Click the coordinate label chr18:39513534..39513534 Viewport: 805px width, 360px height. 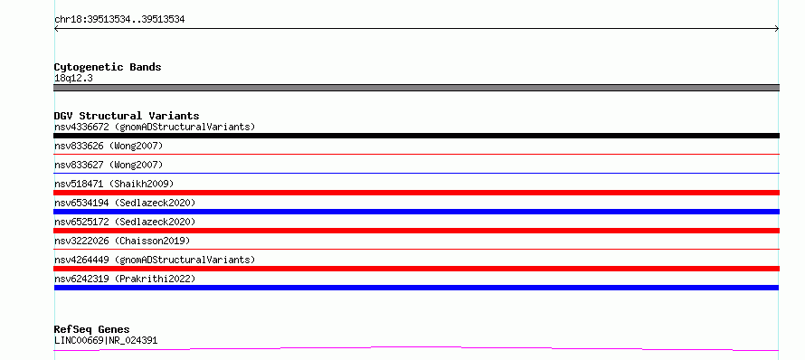(119, 20)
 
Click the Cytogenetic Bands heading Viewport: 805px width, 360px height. (108, 67)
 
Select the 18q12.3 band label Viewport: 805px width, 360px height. (73, 79)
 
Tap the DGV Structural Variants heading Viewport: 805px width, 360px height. (127, 116)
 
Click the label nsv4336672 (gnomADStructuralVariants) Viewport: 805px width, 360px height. (155, 127)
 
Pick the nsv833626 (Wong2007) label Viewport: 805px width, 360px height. (109, 146)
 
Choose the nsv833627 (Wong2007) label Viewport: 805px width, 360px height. (109, 165)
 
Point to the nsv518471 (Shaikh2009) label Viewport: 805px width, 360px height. (114, 184)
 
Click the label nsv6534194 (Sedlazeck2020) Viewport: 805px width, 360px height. (125, 203)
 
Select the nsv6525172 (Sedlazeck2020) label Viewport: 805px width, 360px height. (125, 222)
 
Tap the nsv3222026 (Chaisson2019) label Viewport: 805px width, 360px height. (122, 241)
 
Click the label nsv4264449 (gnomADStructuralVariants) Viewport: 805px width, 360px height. (155, 260)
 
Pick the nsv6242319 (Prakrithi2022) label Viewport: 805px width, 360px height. (125, 279)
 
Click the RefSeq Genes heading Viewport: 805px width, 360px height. (92, 329)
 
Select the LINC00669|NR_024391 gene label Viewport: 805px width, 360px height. (106, 340)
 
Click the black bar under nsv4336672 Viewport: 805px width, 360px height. (416, 136)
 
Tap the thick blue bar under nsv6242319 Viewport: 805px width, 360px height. (416, 288)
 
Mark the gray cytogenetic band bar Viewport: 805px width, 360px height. (416, 88)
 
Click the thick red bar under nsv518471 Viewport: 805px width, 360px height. (416, 193)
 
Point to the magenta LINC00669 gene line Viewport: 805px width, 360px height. (416, 347)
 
